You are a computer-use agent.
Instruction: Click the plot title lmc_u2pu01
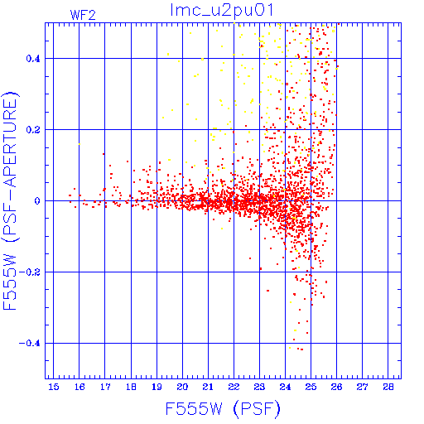tap(222, 10)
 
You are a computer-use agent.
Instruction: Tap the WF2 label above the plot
tap(83, 15)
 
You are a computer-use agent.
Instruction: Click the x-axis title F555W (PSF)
tap(223, 409)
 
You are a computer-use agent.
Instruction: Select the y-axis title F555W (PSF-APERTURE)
tap(10, 200)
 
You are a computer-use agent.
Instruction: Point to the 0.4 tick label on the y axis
tap(33, 59)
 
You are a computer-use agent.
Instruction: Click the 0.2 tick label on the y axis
tap(33, 130)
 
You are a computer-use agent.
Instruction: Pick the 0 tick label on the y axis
tap(37, 201)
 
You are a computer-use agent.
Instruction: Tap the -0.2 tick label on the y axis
tap(30, 272)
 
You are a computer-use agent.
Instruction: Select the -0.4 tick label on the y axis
tap(30, 344)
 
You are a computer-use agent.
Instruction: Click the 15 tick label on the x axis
tap(54, 387)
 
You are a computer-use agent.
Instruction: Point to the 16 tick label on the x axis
tap(79, 387)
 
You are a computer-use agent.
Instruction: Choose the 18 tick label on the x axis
tap(131, 387)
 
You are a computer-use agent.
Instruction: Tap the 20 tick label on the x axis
tap(182, 387)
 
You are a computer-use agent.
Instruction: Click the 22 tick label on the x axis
tap(234, 387)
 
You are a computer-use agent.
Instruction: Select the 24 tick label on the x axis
tap(285, 387)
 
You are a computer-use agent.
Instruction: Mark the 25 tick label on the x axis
tap(311, 387)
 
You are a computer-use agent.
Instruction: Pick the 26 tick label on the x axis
tap(336, 387)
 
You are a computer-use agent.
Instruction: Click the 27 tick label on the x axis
tap(362, 387)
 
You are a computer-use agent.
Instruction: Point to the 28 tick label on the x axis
tap(388, 387)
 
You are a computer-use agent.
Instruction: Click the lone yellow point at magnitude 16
tap(79, 144)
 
